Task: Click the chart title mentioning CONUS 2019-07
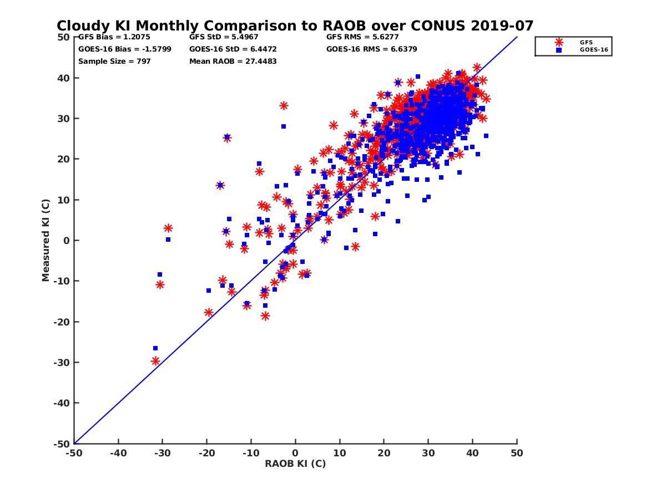[x=295, y=26]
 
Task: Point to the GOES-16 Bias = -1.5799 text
[x=125, y=49]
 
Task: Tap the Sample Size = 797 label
[x=114, y=61]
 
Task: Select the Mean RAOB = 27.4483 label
[x=233, y=61]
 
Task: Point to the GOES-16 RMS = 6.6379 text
[x=372, y=49]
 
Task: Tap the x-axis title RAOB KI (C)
[x=295, y=464]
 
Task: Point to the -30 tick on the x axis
[x=162, y=453]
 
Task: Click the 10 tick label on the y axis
[x=64, y=200]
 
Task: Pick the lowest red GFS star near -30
[x=155, y=361]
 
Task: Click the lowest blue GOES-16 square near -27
[x=155, y=348]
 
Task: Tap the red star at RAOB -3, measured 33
[x=284, y=105]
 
